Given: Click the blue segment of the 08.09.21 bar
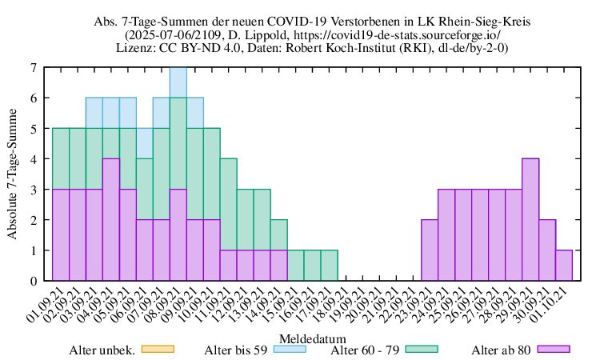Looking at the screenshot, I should click(178, 82).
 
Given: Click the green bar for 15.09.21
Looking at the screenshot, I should click(295, 265).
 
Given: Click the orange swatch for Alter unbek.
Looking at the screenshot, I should click(157, 349).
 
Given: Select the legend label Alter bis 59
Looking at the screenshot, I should click(235, 349).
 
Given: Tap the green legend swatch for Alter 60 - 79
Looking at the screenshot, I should click(422, 349).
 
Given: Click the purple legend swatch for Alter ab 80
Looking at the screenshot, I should click(554, 349).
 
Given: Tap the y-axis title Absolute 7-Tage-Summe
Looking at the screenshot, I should click(12, 174).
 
